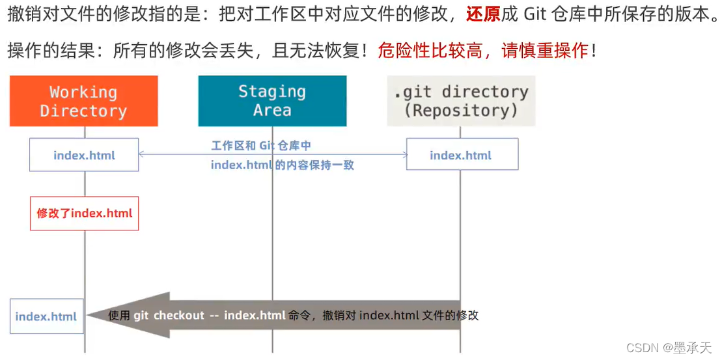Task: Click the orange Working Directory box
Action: (x=83, y=101)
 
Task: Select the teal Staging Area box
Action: (x=272, y=101)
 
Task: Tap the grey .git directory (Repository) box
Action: (x=461, y=101)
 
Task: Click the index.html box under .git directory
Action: (x=462, y=155)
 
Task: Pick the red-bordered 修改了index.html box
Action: (x=84, y=213)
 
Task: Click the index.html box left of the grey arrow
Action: (x=46, y=316)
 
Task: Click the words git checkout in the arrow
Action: (x=169, y=316)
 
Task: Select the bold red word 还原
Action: (x=482, y=14)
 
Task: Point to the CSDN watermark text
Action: (x=669, y=348)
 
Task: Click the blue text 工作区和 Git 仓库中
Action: (x=261, y=146)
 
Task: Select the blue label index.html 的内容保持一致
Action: (x=282, y=165)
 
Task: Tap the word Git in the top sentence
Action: (x=535, y=14)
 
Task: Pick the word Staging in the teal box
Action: (x=272, y=92)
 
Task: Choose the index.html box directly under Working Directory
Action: (x=84, y=155)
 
